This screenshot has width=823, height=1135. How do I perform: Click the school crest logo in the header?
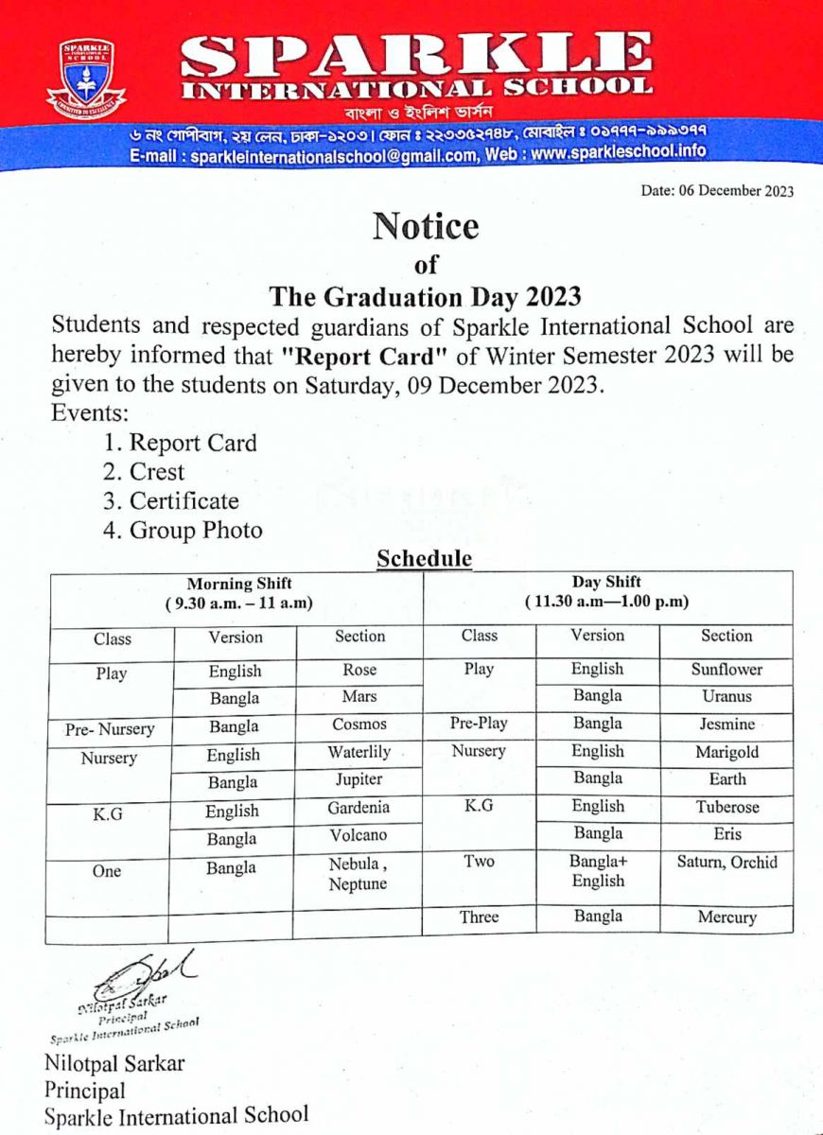[86, 79]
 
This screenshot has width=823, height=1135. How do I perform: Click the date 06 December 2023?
[717, 191]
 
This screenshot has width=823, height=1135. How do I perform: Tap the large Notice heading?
[425, 226]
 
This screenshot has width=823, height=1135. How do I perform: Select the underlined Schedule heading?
[424, 558]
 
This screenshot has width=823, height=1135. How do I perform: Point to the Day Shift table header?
[606, 592]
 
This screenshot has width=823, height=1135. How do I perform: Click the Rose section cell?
[359, 670]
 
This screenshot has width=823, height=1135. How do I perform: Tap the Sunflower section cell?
[727, 670]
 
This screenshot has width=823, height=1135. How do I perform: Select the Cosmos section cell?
[359, 725]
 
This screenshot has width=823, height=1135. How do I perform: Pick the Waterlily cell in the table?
[359, 753]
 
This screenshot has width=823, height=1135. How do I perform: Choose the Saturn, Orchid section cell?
[727, 863]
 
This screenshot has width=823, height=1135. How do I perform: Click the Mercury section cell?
[727, 917]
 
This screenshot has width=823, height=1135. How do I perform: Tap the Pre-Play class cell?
[479, 724]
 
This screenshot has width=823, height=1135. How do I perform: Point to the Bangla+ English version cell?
[598, 871]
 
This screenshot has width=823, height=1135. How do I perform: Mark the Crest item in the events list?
[157, 472]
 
